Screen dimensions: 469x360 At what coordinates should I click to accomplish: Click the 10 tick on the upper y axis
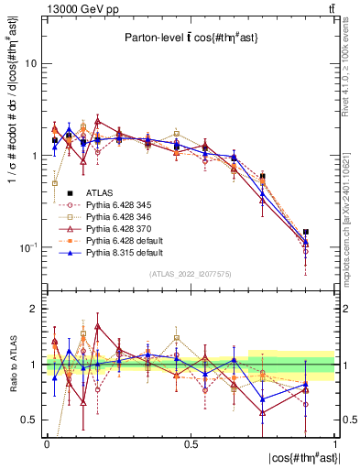(x=30, y=64)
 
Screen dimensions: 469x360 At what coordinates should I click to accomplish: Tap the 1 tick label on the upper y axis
(x=33, y=156)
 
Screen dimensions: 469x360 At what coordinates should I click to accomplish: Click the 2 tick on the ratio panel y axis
(x=33, y=310)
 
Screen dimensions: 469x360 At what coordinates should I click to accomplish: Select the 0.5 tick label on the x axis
(x=191, y=442)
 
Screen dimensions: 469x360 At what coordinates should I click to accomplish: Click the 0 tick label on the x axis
(x=47, y=442)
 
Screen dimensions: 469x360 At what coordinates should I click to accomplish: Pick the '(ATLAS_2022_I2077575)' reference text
(x=191, y=274)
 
